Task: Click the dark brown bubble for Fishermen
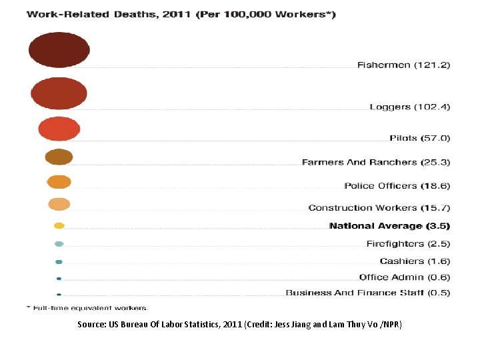[59, 49]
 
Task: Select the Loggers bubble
[59, 93]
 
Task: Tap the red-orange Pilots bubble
[59, 129]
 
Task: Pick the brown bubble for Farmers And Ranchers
[59, 157]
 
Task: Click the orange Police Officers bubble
[59, 181]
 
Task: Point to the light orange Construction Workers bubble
[59, 204]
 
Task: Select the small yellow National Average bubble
[59, 226]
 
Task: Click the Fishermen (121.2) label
[403, 65]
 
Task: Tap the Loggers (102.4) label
[410, 107]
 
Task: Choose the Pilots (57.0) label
[420, 138]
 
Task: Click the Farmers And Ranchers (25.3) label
[376, 162]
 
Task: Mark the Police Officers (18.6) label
[397, 185]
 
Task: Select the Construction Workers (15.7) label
[379, 208]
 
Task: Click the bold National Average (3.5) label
[389, 227]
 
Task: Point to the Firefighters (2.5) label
[408, 244]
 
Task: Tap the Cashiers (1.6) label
[415, 261]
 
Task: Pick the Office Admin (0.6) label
[405, 277]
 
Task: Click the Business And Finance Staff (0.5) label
[368, 293]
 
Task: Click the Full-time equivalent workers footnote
[87, 308]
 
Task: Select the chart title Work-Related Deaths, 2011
[181, 15]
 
